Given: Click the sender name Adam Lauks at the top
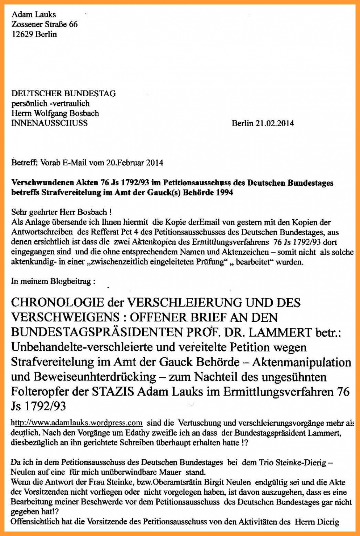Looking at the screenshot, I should click(x=34, y=14).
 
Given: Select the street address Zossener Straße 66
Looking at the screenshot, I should click(x=45, y=24).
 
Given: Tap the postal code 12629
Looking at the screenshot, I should click(x=23, y=34).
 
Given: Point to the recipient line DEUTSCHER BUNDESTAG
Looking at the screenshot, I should click(x=63, y=93).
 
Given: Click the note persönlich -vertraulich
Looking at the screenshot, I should click(x=50, y=103).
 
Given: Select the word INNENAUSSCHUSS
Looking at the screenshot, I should click(x=49, y=123).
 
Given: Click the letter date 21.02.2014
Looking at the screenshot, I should click(x=275, y=123).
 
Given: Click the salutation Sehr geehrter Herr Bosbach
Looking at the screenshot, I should click(x=62, y=212).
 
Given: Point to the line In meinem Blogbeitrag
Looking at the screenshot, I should click(x=53, y=281).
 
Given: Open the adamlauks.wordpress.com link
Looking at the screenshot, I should click(x=76, y=423).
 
